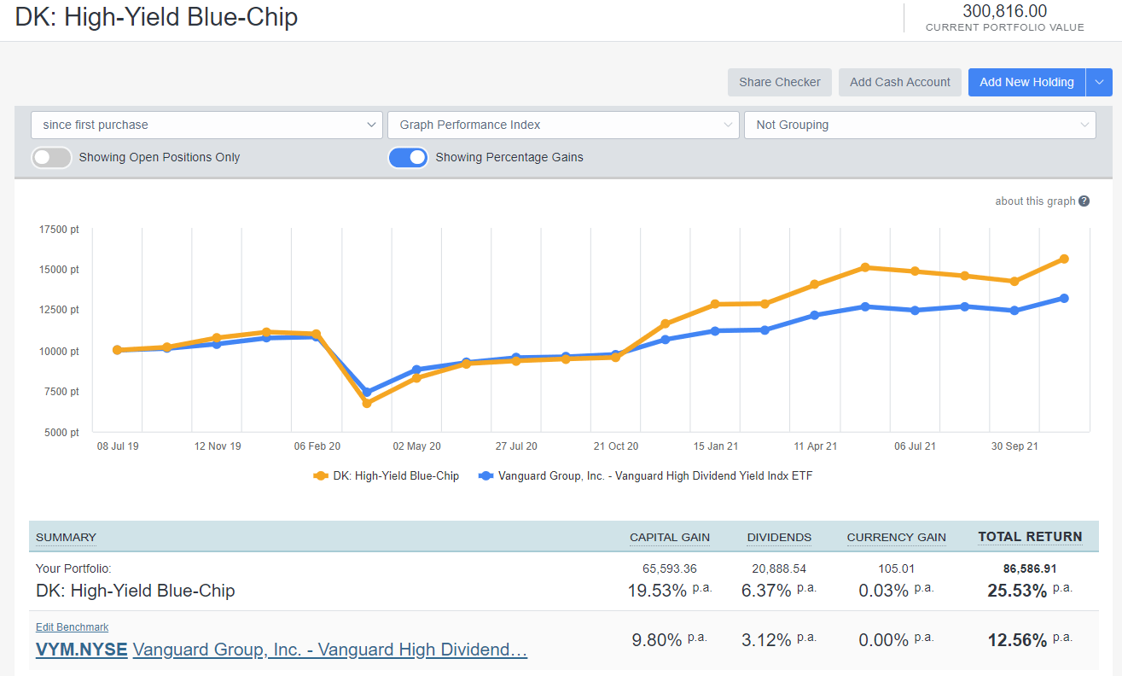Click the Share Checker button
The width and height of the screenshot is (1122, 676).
click(x=779, y=82)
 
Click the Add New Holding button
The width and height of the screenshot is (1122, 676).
click(x=1026, y=82)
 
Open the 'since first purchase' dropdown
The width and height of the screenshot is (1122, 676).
click(x=206, y=125)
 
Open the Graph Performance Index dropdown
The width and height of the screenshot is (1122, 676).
click(x=563, y=125)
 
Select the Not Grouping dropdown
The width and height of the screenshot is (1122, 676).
click(x=920, y=125)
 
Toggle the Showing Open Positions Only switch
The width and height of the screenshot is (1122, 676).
click(x=51, y=157)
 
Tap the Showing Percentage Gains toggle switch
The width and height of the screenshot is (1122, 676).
click(x=408, y=157)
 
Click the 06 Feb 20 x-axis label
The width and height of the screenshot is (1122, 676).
click(x=317, y=446)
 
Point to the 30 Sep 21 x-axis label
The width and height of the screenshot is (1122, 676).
click(x=1014, y=446)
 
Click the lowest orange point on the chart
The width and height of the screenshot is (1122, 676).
click(x=367, y=403)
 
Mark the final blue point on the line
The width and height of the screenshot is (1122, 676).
click(x=1064, y=298)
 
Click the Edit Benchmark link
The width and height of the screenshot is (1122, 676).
click(x=72, y=627)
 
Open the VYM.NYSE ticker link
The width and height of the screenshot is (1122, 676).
click(x=81, y=650)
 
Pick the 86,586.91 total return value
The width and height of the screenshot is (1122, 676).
click(x=1030, y=568)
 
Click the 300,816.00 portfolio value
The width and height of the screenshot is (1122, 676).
click(x=1004, y=11)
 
